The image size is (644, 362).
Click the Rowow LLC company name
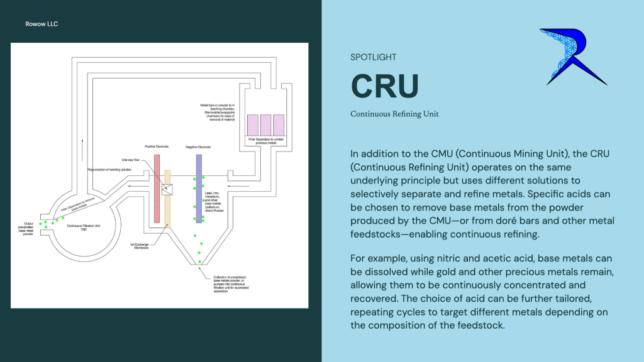(43, 25)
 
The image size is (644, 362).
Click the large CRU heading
(384, 86)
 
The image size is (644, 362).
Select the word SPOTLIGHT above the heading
(374, 57)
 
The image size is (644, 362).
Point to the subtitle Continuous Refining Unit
(394, 114)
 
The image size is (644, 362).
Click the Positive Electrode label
(158, 147)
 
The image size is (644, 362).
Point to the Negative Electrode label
(198, 147)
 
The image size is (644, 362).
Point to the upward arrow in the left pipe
(82, 138)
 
